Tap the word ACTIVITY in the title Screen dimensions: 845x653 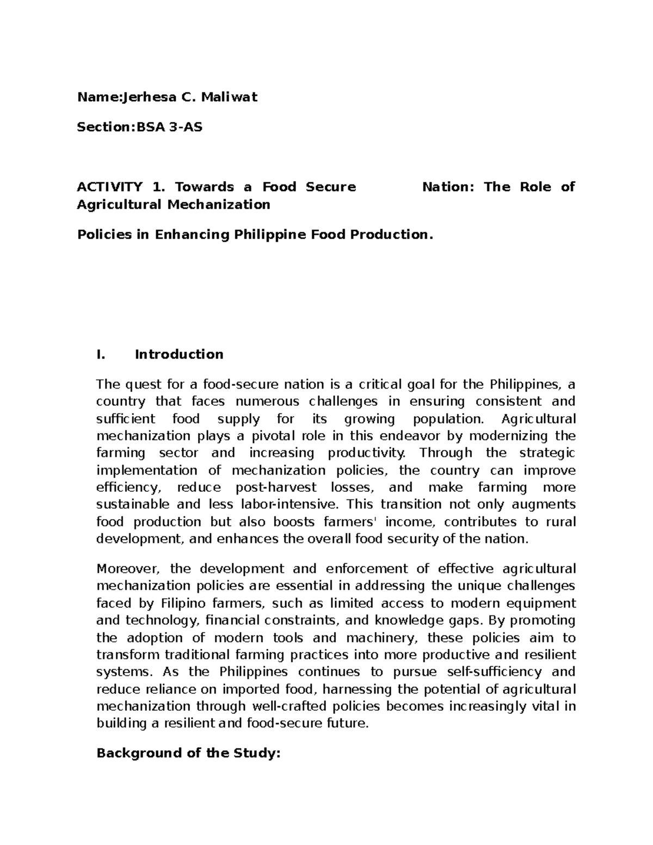(x=109, y=187)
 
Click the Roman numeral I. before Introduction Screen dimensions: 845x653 (x=100, y=355)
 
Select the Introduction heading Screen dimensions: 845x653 (x=179, y=355)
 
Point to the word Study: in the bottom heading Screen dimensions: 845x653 (x=257, y=754)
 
